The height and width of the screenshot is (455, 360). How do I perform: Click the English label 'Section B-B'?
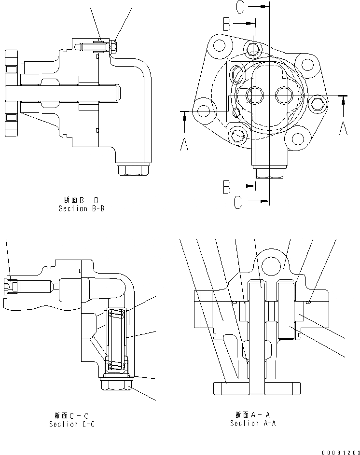click(81, 208)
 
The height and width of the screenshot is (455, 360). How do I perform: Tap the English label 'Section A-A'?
click(252, 423)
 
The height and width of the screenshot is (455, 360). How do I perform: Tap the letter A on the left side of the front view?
click(184, 143)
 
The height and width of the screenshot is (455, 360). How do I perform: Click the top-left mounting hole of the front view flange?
click(220, 46)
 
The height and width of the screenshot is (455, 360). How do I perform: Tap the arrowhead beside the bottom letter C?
click(263, 201)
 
